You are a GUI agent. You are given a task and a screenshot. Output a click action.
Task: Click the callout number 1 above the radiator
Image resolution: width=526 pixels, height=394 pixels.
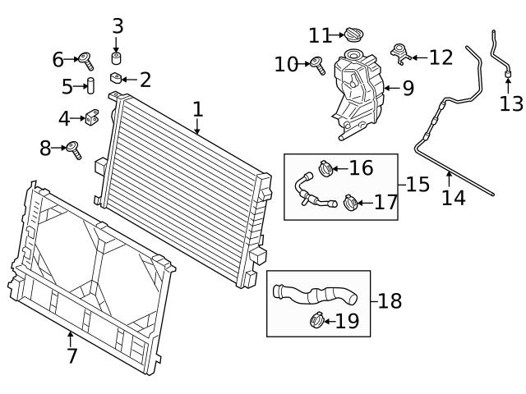(197, 109)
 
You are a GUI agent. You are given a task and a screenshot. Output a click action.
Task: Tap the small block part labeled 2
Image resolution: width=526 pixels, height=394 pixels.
(116, 78)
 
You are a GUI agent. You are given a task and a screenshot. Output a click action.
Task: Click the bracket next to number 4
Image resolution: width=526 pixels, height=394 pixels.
(92, 118)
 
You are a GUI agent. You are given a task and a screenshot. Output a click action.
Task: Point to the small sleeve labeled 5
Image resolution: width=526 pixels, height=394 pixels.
(91, 86)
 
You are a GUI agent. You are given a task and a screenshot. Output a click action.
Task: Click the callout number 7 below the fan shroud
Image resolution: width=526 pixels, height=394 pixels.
(72, 356)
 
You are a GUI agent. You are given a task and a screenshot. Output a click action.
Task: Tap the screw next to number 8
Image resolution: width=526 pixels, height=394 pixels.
(74, 150)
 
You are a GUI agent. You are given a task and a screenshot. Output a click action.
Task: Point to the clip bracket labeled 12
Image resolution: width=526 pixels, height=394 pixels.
(400, 54)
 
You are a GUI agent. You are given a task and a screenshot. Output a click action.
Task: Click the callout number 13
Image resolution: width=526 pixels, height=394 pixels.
(510, 103)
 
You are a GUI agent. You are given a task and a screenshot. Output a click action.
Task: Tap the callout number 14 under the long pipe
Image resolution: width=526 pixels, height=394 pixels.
(453, 197)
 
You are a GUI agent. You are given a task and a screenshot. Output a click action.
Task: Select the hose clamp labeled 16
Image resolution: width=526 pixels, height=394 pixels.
(323, 169)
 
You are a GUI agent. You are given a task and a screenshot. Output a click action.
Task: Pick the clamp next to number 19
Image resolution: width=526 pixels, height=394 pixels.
(316, 319)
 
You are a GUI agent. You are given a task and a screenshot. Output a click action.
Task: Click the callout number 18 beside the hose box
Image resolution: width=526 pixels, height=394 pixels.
(390, 300)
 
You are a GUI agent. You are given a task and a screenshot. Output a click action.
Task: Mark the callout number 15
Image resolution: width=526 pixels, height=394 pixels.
(418, 184)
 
